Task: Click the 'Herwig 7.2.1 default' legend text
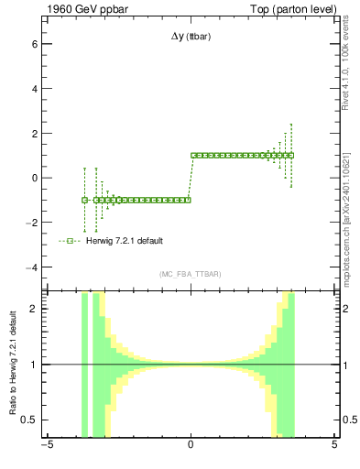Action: click(x=126, y=241)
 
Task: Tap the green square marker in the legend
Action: click(x=69, y=241)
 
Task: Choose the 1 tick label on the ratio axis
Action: click(x=33, y=365)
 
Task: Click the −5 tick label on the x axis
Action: click(x=47, y=447)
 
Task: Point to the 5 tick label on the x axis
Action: click(x=333, y=447)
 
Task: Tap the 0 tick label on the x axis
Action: click(x=191, y=447)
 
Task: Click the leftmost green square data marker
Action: click(x=84, y=200)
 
